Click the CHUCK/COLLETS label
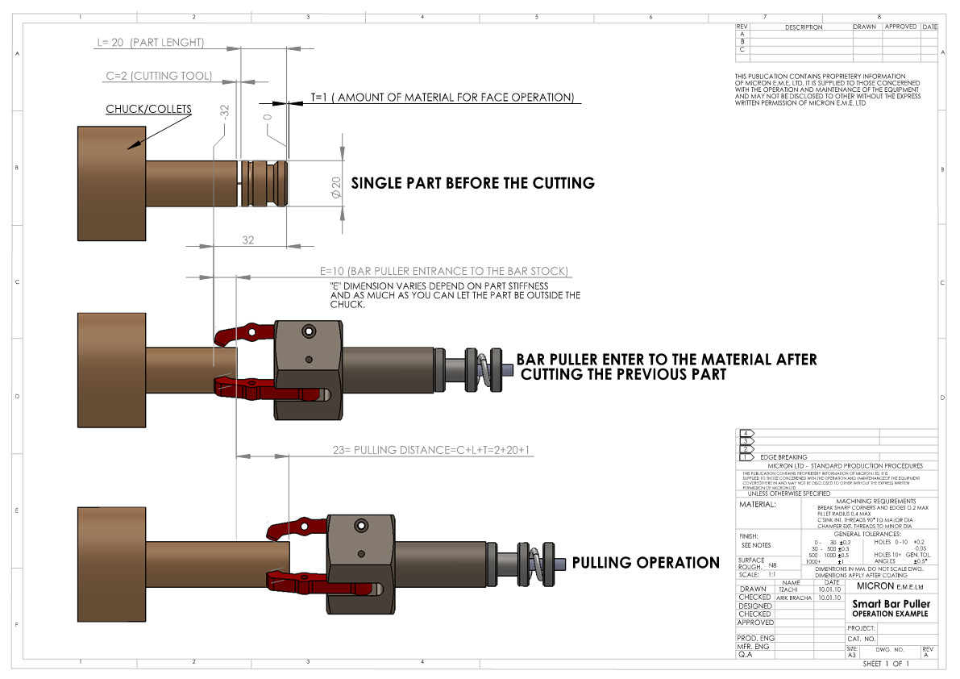tap(148, 109)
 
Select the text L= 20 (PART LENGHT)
tap(150, 42)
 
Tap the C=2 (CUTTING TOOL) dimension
tap(159, 76)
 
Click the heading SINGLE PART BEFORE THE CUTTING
tap(473, 183)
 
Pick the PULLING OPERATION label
tap(646, 562)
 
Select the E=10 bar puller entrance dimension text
tap(444, 270)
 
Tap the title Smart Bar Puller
tap(891, 603)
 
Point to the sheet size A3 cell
tap(852, 656)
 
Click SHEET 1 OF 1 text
tap(885, 664)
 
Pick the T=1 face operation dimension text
tap(443, 98)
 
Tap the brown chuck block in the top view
tap(111, 184)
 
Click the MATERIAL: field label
tap(757, 505)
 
